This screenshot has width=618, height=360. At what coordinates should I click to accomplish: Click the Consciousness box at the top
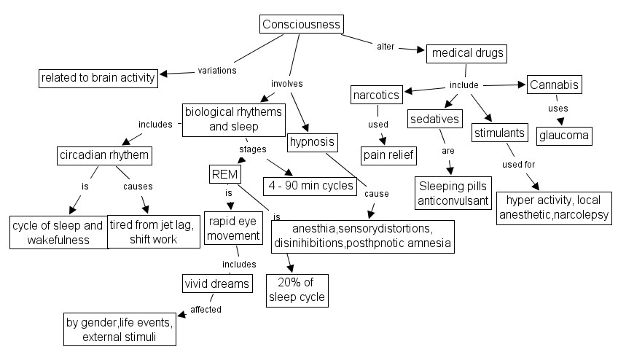tap(302, 24)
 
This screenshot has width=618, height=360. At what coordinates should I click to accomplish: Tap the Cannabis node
tap(555, 85)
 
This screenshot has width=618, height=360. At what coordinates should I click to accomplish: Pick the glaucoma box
tap(564, 136)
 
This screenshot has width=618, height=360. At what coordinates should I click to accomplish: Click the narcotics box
tap(375, 95)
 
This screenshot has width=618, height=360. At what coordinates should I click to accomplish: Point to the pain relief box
tap(388, 154)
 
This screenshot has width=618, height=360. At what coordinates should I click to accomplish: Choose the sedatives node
tap(435, 119)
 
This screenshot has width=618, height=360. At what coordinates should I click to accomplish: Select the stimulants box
tap(500, 133)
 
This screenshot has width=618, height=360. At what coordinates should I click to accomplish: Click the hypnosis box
tap(312, 141)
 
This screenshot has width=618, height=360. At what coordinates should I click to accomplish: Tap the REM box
tap(221, 175)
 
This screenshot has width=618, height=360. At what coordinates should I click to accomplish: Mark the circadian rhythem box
tap(104, 155)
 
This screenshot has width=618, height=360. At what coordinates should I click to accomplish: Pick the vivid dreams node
tap(217, 283)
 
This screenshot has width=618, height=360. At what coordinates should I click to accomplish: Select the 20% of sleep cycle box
tap(296, 290)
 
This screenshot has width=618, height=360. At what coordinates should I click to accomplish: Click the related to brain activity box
tap(98, 77)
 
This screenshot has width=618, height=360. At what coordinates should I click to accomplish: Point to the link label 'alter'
tap(386, 47)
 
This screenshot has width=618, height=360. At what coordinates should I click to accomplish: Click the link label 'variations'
tap(217, 71)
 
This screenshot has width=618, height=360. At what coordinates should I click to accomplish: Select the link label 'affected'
tap(206, 309)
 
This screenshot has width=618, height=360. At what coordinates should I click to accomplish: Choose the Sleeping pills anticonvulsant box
tap(454, 194)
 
